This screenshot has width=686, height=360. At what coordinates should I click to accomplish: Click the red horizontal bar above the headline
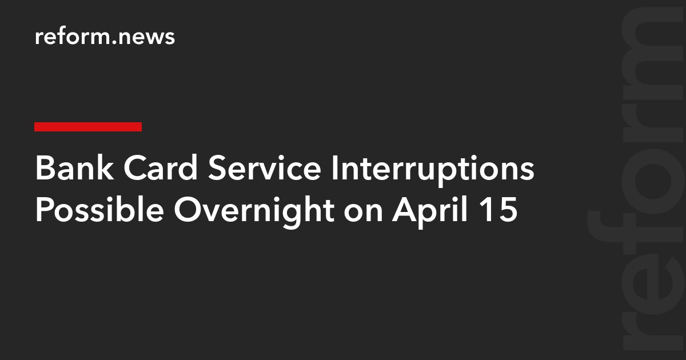click(88, 127)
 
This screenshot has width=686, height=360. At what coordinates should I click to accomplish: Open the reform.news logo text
click(105, 37)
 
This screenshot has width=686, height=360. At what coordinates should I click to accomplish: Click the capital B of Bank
click(43, 170)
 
